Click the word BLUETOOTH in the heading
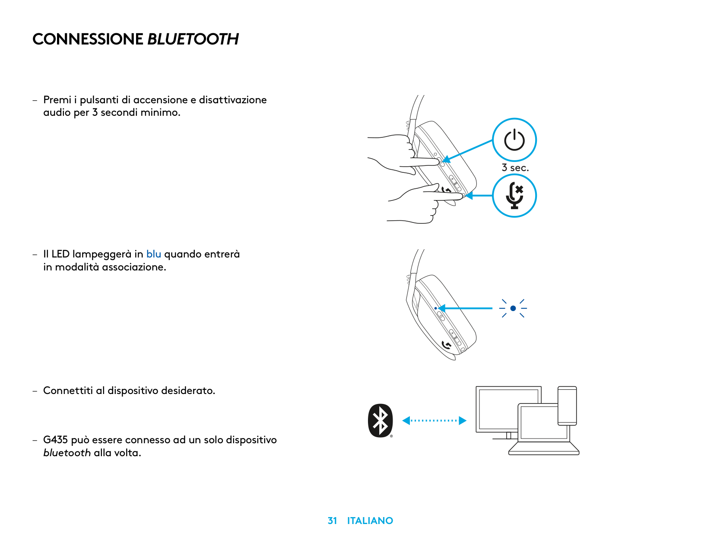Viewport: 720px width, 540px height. tap(193, 39)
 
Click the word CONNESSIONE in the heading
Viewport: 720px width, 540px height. tap(88, 39)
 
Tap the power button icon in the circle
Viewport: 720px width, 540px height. tap(514, 140)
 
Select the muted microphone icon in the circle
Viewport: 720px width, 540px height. tap(514, 196)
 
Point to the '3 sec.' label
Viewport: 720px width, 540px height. tap(515, 168)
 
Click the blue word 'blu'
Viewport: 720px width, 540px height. tap(153, 254)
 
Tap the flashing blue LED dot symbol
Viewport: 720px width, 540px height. tap(513, 308)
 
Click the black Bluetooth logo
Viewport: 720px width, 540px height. tap(380, 420)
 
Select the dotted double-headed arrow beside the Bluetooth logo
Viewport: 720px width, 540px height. tap(434, 420)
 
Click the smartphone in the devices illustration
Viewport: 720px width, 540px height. tap(567, 405)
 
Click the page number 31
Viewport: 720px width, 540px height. tap(332, 521)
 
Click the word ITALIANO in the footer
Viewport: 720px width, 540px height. tap(370, 521)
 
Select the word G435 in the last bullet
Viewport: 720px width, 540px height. tap(55, 440)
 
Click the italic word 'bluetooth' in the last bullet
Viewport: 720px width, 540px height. tap(67, 453)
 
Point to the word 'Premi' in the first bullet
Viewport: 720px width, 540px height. tap(57, 100)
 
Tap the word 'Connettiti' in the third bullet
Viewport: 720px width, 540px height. tap(68, 391)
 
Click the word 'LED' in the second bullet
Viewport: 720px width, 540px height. tap(60, 254)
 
